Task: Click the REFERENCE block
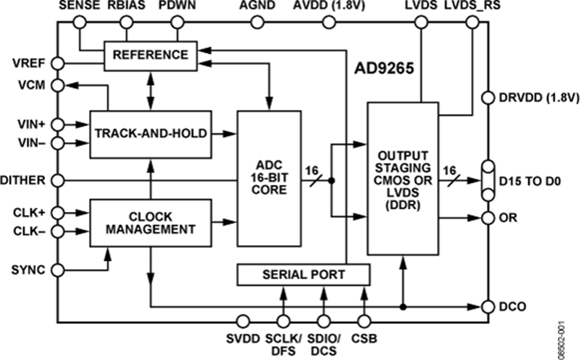pos(151,55)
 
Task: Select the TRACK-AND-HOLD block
pos(151,134)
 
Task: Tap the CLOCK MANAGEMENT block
pos(151,222)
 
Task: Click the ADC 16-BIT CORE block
pos(269,178)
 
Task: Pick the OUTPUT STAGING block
pos(401,178)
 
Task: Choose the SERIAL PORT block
pos(304,274)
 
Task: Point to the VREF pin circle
pos(57,63)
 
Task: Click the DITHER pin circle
pos(57,181)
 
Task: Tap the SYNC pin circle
pos(57,270)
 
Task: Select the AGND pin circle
pos(257,23)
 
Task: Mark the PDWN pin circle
pos(179,23)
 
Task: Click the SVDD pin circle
pos(244,321)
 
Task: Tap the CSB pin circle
pos(364,321)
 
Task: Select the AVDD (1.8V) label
pos(327,6)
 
